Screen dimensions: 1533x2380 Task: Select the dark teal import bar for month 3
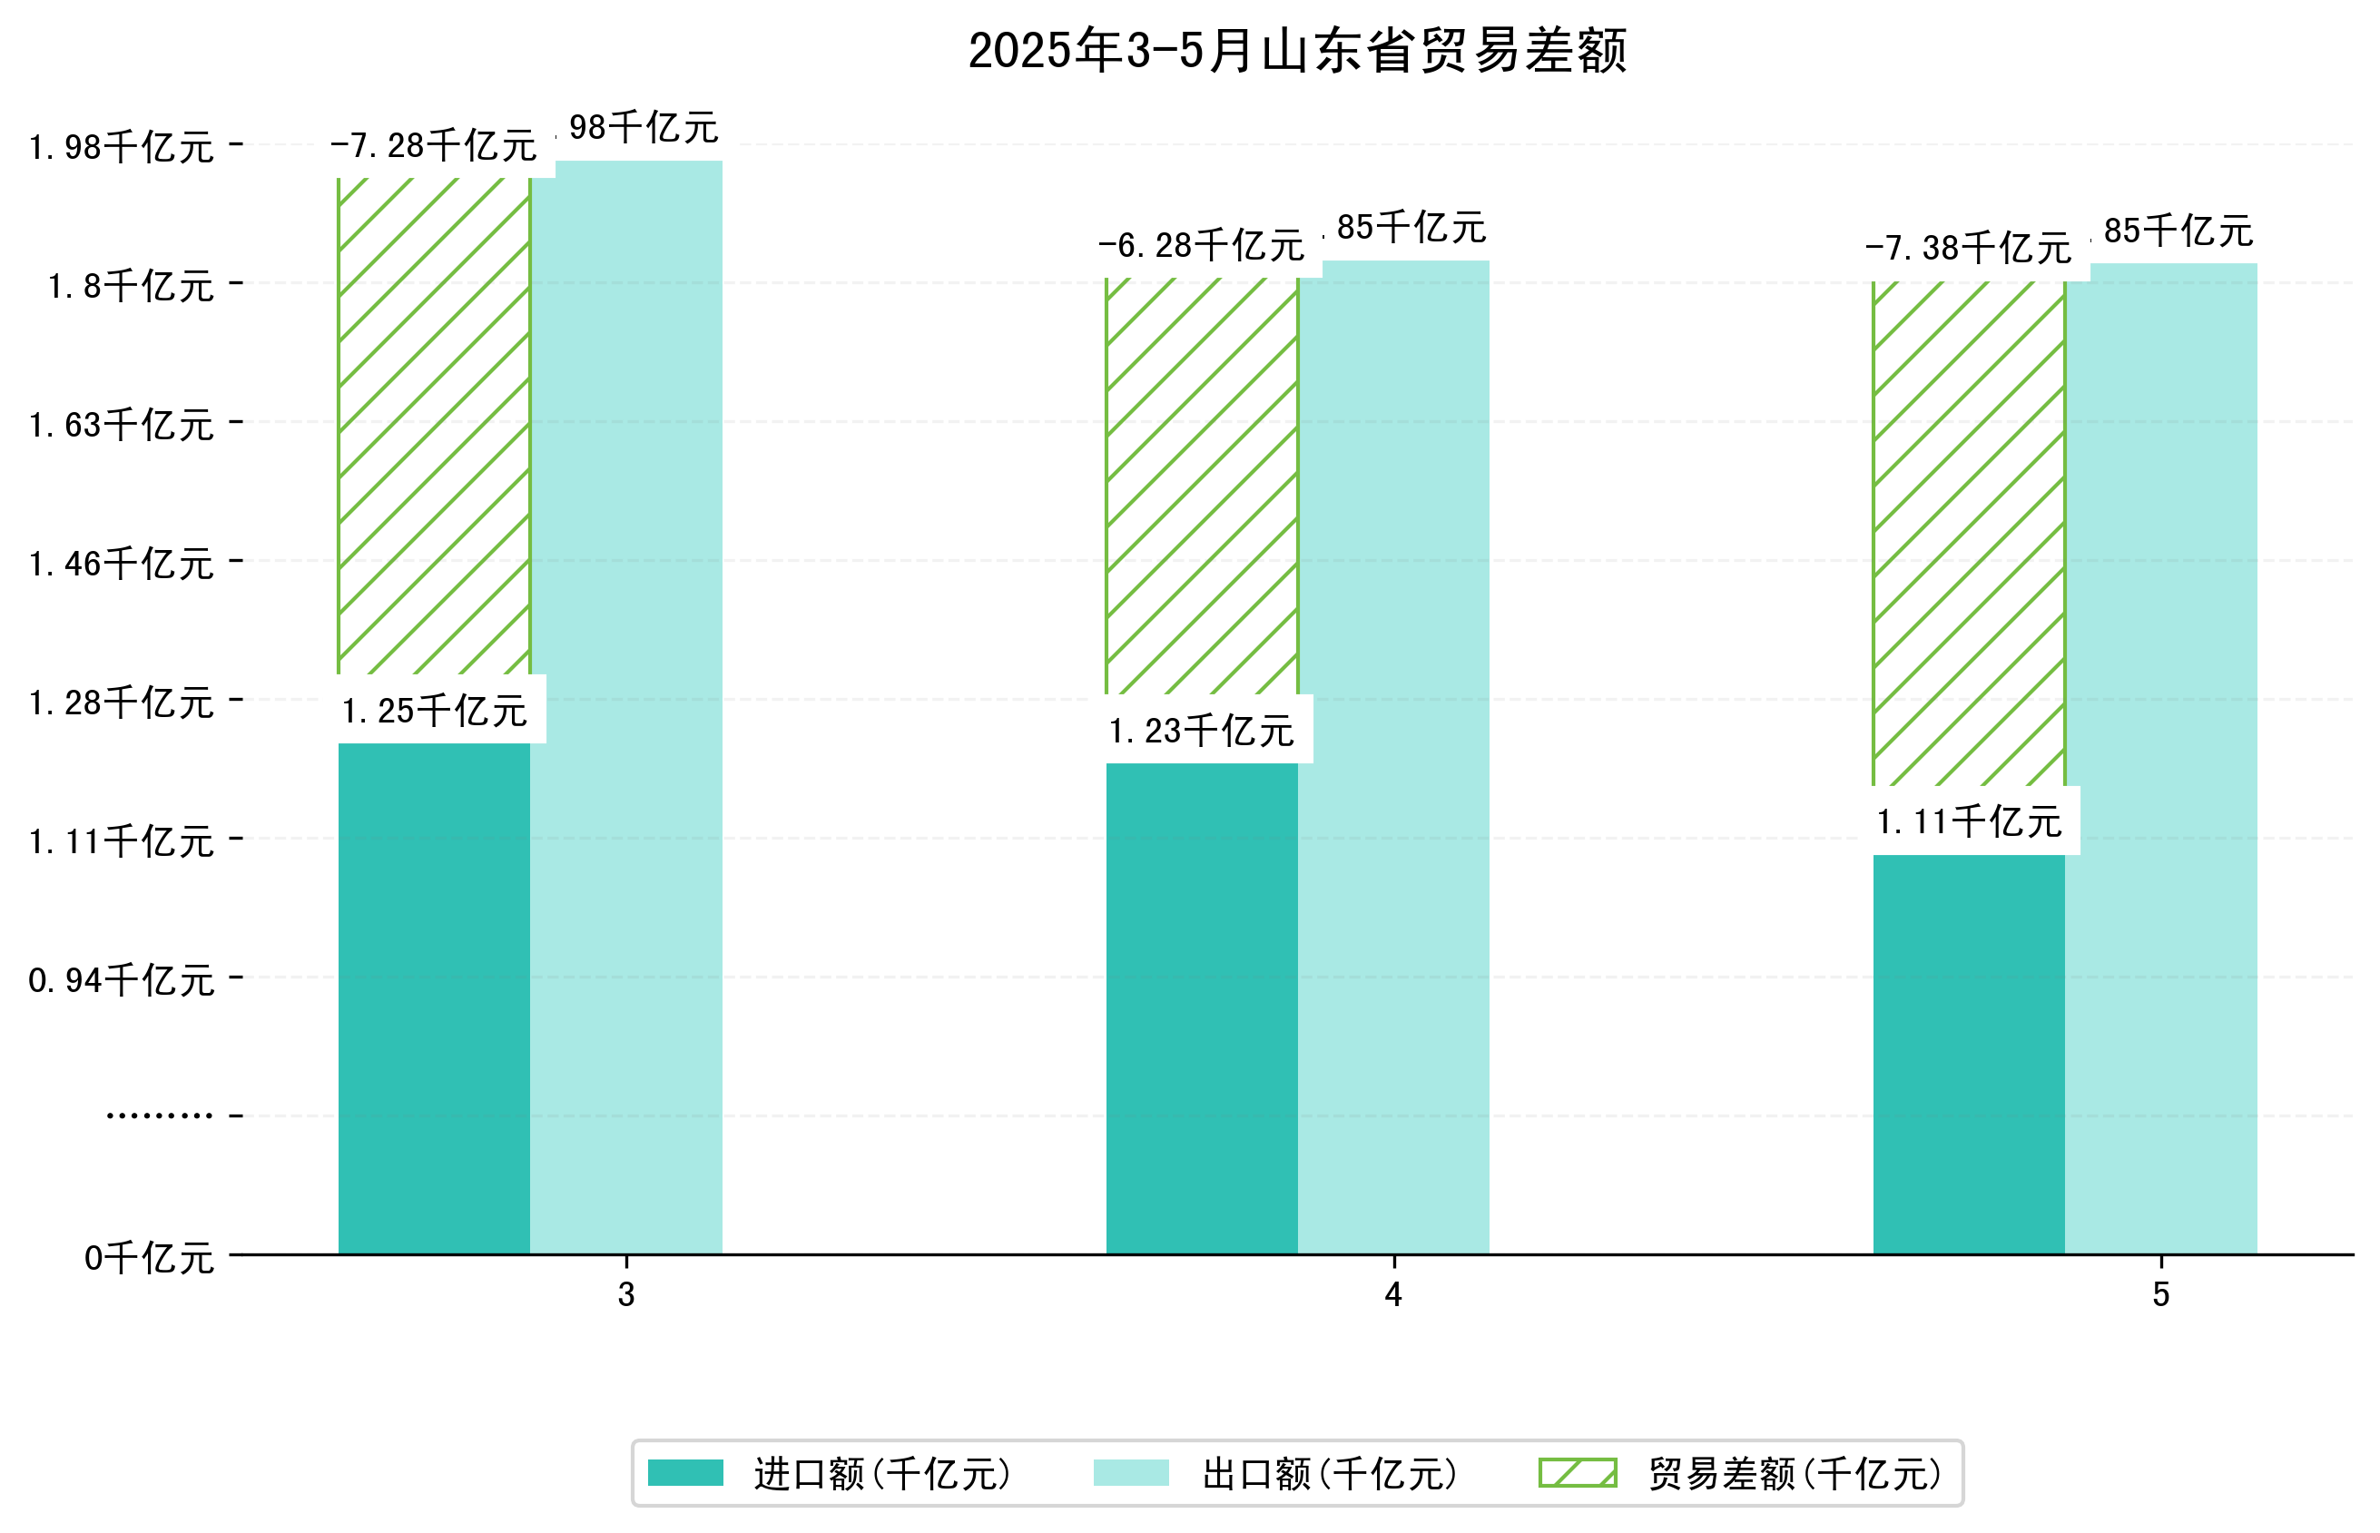(x=433, y=997)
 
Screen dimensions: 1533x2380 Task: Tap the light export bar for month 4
(x=1393, y=757)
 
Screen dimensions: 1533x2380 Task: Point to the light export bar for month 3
(x=626, y=707)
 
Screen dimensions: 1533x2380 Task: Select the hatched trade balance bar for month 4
(x=1202, y=485)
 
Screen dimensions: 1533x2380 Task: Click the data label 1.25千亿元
(x=434, y=711)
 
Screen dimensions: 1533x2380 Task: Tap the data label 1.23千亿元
(x=1202, y=731)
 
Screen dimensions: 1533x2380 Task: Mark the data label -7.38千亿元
(x=1968, y=248)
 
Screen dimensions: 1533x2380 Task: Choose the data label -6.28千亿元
(x=1202, y=245)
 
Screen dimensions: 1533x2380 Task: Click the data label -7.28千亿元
(x=434, y=145)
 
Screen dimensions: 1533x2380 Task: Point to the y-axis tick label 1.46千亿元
(x=122, y=564)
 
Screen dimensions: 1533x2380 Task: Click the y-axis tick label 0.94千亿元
(x=122, y=980)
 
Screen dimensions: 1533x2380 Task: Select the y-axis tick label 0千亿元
(x=149, y=1258)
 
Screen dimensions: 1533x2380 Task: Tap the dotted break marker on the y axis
(x=159, y=1115)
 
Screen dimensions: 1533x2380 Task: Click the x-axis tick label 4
(x=1392, y=1294)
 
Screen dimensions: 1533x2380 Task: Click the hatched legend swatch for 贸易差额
(x=1577, y=1472)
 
